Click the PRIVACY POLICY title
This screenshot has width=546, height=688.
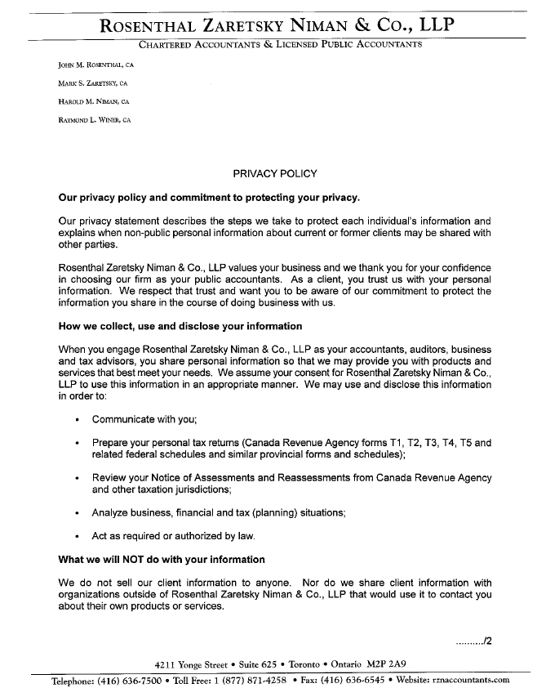tap(275, 173)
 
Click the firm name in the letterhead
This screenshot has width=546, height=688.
tap(277, 25)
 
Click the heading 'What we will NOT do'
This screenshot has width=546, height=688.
tap(162, 560)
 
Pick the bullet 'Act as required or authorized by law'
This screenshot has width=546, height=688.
tap(174, 537)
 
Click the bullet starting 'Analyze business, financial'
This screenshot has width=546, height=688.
tap(219, 513)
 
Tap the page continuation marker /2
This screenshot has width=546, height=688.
tap(474, 640)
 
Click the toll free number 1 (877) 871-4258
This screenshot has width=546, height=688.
tap(245, 680)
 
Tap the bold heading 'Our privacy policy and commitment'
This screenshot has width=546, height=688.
tap(209, 198)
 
